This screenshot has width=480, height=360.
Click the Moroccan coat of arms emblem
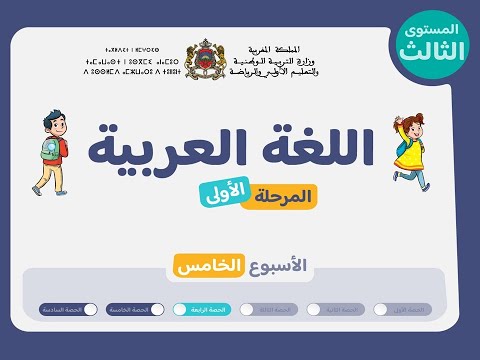pyautogui.click(x=204, y=59)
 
